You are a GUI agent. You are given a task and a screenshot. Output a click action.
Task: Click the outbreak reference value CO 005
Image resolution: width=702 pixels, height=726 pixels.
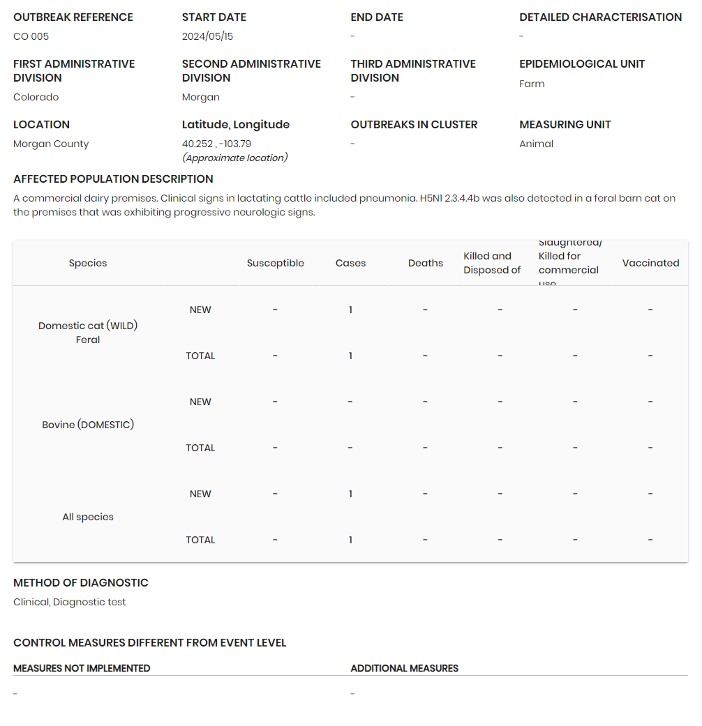31,36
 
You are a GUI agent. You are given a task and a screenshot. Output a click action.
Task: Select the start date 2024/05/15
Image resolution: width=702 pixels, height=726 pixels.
207,36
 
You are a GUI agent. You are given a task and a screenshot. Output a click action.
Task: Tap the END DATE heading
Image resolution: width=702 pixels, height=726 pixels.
377,17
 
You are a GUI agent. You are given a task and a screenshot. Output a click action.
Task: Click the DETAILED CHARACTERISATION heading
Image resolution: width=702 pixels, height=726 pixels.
600,17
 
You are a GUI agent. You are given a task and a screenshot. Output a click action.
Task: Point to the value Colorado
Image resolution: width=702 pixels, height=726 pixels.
36,97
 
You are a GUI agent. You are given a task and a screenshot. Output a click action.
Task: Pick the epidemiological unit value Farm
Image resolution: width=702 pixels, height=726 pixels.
532,84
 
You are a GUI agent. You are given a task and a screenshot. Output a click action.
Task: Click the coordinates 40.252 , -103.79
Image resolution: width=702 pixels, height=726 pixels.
216,144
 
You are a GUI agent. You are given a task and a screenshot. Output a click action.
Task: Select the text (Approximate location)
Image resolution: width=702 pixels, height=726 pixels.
234,158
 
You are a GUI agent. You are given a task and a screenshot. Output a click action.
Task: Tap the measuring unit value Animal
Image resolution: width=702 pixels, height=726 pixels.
536,144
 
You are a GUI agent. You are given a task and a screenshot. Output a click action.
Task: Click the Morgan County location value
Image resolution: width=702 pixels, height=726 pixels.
51,144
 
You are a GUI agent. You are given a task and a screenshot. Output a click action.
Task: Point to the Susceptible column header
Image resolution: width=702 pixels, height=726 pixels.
275,263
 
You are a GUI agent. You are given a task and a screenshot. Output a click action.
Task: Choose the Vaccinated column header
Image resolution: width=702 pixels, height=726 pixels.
650,263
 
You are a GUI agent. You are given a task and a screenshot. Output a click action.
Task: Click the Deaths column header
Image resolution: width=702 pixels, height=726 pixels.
425,263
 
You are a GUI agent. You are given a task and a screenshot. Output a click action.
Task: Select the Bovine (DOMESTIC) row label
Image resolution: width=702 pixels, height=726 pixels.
88,425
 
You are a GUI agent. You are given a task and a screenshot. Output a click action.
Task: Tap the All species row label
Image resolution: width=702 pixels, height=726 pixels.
88,517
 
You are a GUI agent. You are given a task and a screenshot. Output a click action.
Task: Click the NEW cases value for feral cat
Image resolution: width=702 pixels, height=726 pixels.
350,310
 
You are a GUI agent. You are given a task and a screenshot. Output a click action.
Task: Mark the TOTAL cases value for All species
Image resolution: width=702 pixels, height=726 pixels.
350,540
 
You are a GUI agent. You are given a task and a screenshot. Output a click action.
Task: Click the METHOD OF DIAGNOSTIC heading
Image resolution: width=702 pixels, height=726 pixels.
81,582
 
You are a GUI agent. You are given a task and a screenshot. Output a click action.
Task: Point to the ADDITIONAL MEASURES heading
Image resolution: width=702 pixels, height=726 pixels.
404,668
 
